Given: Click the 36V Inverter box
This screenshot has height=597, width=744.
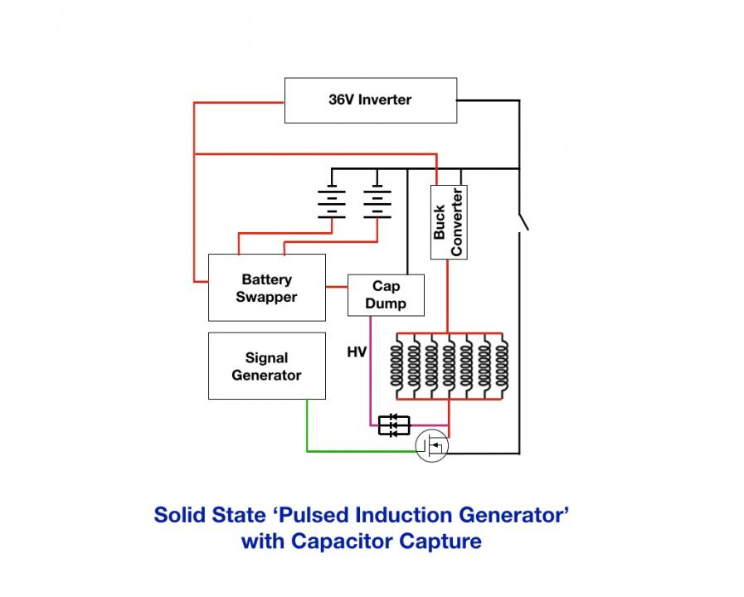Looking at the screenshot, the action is [x=371, y=100].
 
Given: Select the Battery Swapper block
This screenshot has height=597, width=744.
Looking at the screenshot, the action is [x=267, y=288].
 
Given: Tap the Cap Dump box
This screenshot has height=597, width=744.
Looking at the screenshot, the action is [x=386, y=295].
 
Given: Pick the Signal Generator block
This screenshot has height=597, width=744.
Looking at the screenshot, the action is [x=267, y=366].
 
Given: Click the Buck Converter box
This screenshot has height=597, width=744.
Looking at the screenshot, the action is [x=449, y=222].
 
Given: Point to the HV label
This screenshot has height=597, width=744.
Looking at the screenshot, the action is [x=357, y=352].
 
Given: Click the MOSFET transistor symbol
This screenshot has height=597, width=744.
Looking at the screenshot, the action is [x=432, y=446].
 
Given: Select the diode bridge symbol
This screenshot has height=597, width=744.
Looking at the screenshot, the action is [x=394, y=425].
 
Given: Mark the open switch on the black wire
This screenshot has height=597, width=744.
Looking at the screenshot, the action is [x=523, y=222].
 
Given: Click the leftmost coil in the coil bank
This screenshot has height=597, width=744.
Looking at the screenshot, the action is [x=396, y=366].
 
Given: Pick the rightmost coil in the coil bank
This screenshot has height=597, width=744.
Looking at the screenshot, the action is [x=502, y=366].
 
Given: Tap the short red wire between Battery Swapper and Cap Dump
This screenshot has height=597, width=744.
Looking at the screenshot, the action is [x=337, y=287].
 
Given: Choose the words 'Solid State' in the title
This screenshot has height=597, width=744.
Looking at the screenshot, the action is [x=210, y=515].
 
